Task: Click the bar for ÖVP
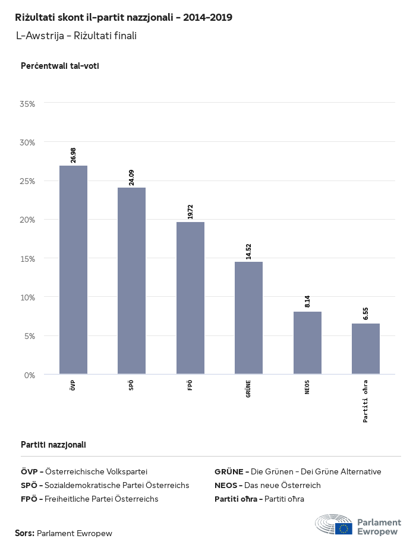pos(73,270)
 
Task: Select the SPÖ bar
pos(131,281)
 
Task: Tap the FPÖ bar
pos(190,298)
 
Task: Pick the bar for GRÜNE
pos(248,318)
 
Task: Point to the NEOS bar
pos(307,343)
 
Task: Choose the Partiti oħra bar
pos(365,349)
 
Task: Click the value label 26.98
pos(73,155)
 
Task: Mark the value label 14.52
pos(248,251)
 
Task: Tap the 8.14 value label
pos(307,301)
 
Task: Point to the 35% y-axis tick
pos(28,103)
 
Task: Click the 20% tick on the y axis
pos(28,220)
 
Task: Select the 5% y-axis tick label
pos(30,336)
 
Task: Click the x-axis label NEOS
pos(307,387)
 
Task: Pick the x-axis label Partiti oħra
pos(365,401)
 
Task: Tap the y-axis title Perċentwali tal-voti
pos(59,66)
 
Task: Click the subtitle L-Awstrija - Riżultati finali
pos(76,36)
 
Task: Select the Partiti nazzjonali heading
pos(53,444)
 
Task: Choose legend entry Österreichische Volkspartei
pos(96,471)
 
